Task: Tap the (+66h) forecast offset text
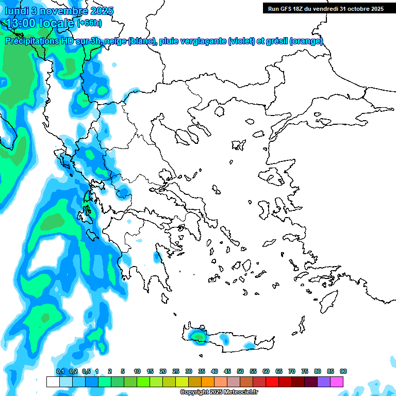(x=90, y=23)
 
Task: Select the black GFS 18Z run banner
(x=325, y=8)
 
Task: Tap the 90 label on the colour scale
(x=343, y=371)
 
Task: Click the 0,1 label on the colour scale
(x=60, y=371)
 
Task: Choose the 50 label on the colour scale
(x=240, y=371)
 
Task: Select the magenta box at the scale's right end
(x=337, y=382)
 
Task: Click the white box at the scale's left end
(x=53, y=382)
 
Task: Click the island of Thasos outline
(x=220, y=111)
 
